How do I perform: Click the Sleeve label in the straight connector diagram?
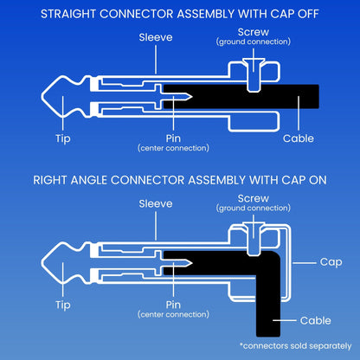pos(156,37)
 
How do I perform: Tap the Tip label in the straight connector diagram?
pos(63,138)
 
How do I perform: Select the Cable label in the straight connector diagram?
pos(299,138)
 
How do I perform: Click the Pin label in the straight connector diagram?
pos(173,138)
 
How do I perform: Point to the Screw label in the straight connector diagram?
pos(254,32)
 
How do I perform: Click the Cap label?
pos(331,262)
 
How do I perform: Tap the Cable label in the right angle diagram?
pos(315,320)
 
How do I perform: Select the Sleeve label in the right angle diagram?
pos(156,203)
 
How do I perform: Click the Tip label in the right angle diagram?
pos(63,305)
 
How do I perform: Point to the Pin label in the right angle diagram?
pos(173,305)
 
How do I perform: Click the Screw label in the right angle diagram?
pos(254,198)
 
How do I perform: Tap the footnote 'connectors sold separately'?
pos(296,346)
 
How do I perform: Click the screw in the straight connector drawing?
pos(254,74)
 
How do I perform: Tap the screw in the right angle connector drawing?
pos(254,239)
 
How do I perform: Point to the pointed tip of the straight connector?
pos(42,96)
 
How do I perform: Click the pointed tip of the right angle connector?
pos(42,263)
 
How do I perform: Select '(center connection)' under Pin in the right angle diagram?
pos(173,314)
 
